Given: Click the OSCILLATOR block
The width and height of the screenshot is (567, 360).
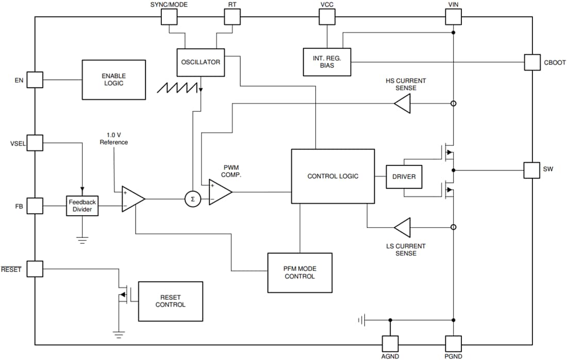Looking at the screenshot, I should pyautogui.click(x=201, y=62).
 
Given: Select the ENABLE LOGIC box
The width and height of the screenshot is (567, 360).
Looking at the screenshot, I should pyautogui.click(x=114, y=79).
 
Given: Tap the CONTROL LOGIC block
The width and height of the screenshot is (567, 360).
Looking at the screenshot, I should pyautogui.click(x=332, y=176).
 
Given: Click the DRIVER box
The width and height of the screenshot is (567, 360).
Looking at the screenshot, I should pyautogui.click(x=404, y=177).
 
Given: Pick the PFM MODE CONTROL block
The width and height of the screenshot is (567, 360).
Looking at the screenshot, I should pyautogui.click(x=299, y=272).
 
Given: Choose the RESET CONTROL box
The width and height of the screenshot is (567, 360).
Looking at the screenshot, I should pyautogui.click(x=170, y=301).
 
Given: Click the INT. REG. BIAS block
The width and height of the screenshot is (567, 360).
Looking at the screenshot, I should pyautogui.click(x=327, y=61).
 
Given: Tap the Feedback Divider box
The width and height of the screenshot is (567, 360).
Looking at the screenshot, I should pyautogui.click(x=82, y=206).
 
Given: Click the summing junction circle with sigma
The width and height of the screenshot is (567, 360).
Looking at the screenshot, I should pyautogui.click(x=192, y=199).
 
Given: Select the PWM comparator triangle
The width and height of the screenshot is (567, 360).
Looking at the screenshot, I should pyautogui.click(x=219, y=192).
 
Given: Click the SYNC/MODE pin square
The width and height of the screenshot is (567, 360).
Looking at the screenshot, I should pyautogui.click(x=169, y=17).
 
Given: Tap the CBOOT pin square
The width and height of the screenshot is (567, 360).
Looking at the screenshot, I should pyautogui.click(x=532, y=62).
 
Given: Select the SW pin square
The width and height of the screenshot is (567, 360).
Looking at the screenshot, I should pyautogui.click(x=531, y=170).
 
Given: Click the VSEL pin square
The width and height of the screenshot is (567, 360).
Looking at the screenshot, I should pyautogui.click(x=35, y=143).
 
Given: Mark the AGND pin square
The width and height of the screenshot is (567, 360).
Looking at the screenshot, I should pyautogui.click(x=390, y=344).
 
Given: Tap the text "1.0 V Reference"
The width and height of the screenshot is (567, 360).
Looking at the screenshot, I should pyautogui.click(x=114, y=139).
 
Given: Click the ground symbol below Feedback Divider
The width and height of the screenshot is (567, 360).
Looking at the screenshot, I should pyautogui.click(x=82, y=239).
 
